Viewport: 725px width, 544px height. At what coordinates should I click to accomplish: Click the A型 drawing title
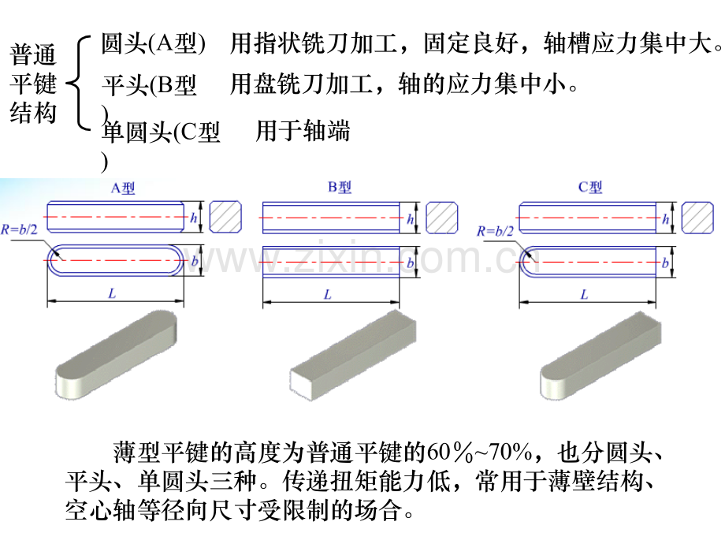tap(123, 188)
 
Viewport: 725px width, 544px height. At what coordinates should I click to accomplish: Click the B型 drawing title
tap(340, 188)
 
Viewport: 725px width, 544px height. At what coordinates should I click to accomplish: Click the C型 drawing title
tap(590, 188)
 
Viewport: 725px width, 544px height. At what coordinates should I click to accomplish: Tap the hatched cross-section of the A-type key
tap(225, 217)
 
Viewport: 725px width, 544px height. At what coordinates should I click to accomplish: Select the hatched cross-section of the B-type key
tap(441, 217)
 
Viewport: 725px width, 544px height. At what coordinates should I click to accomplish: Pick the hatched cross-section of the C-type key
tap(697, 217)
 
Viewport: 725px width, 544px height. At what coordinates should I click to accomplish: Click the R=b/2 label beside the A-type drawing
tap(19, 229)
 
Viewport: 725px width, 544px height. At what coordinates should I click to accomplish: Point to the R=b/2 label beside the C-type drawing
tap(495, 231)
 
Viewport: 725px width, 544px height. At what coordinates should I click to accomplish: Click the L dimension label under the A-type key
tap(112, 293)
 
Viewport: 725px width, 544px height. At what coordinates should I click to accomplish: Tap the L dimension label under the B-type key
tap(328, 294)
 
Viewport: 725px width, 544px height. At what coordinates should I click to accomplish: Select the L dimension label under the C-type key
tap(585, 294)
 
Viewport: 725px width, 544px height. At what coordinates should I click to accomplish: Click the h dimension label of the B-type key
tap(410, 219)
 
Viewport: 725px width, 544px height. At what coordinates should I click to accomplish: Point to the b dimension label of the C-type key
tap(665, 263)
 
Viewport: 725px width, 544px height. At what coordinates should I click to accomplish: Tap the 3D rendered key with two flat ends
tap(353, 355)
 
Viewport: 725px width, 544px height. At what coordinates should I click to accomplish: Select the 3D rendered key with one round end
tap(600, 355)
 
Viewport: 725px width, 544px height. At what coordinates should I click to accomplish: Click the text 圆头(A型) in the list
tap(154, 43)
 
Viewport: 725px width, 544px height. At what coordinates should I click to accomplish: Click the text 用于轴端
tap(303, 130)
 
